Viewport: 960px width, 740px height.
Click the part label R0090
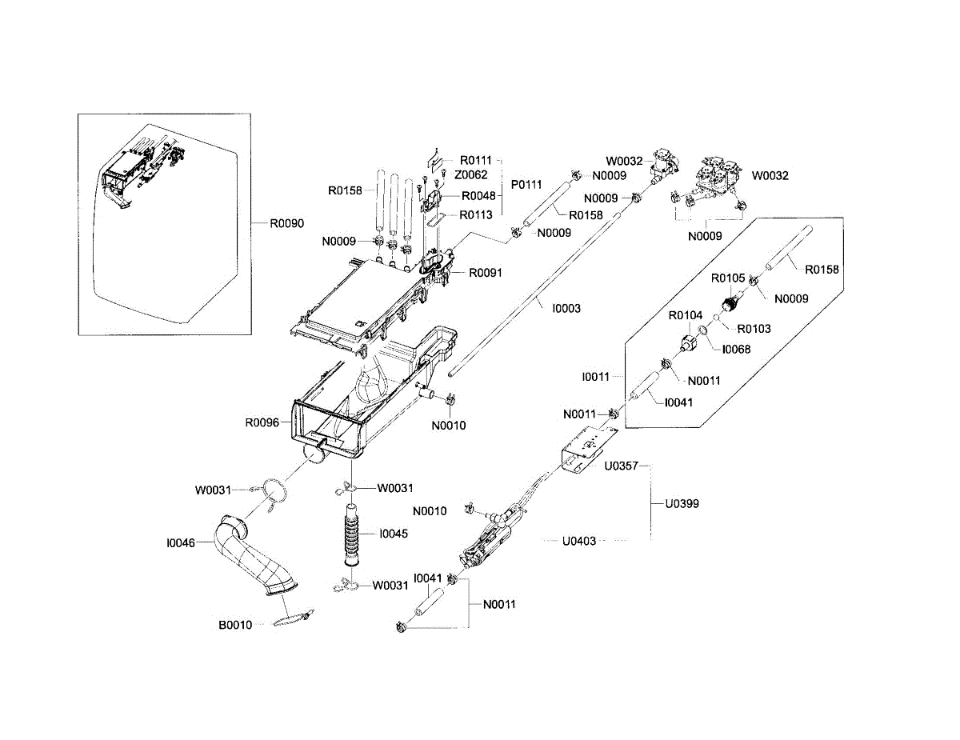(286, 223)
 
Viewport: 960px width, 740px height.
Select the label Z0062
(472, 174)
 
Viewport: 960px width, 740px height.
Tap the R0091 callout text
(486, 273)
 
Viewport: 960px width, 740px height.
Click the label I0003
(566, 308)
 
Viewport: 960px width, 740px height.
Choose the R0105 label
(729, 278)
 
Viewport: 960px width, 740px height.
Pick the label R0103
(754, 328)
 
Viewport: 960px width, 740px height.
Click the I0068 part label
(736, 349)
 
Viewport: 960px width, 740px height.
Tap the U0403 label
(578, 541)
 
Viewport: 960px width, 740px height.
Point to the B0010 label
(236, 625)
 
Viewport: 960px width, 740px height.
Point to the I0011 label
(597, 375)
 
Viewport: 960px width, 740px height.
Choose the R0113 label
(475, 214)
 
